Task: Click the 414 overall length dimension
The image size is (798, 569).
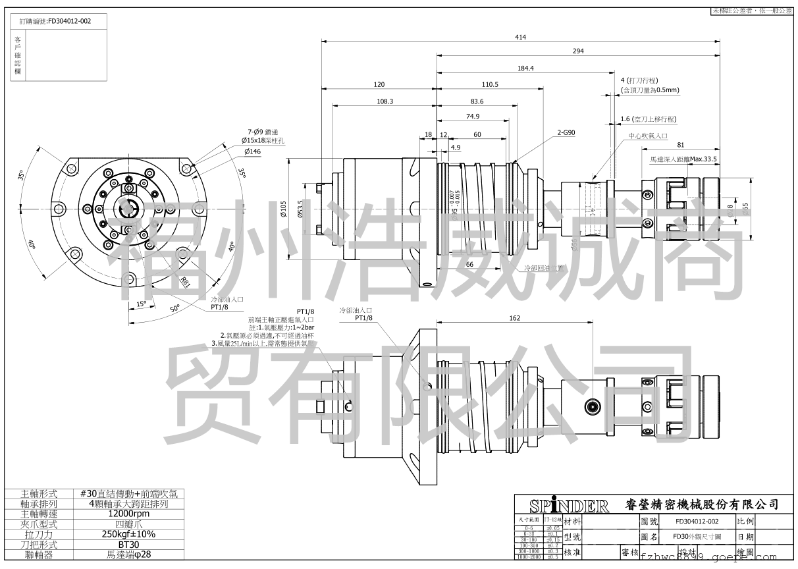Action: tap(520, 38)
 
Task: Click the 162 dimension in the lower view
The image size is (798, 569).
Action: tap(515, 318)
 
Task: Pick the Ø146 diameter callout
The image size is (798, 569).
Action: tap(253, 151)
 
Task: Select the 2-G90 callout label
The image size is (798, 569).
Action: tap(566, 132)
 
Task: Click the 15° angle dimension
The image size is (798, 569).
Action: tap(141, 306)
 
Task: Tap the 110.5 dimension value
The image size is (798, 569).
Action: tap(490, 84)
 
